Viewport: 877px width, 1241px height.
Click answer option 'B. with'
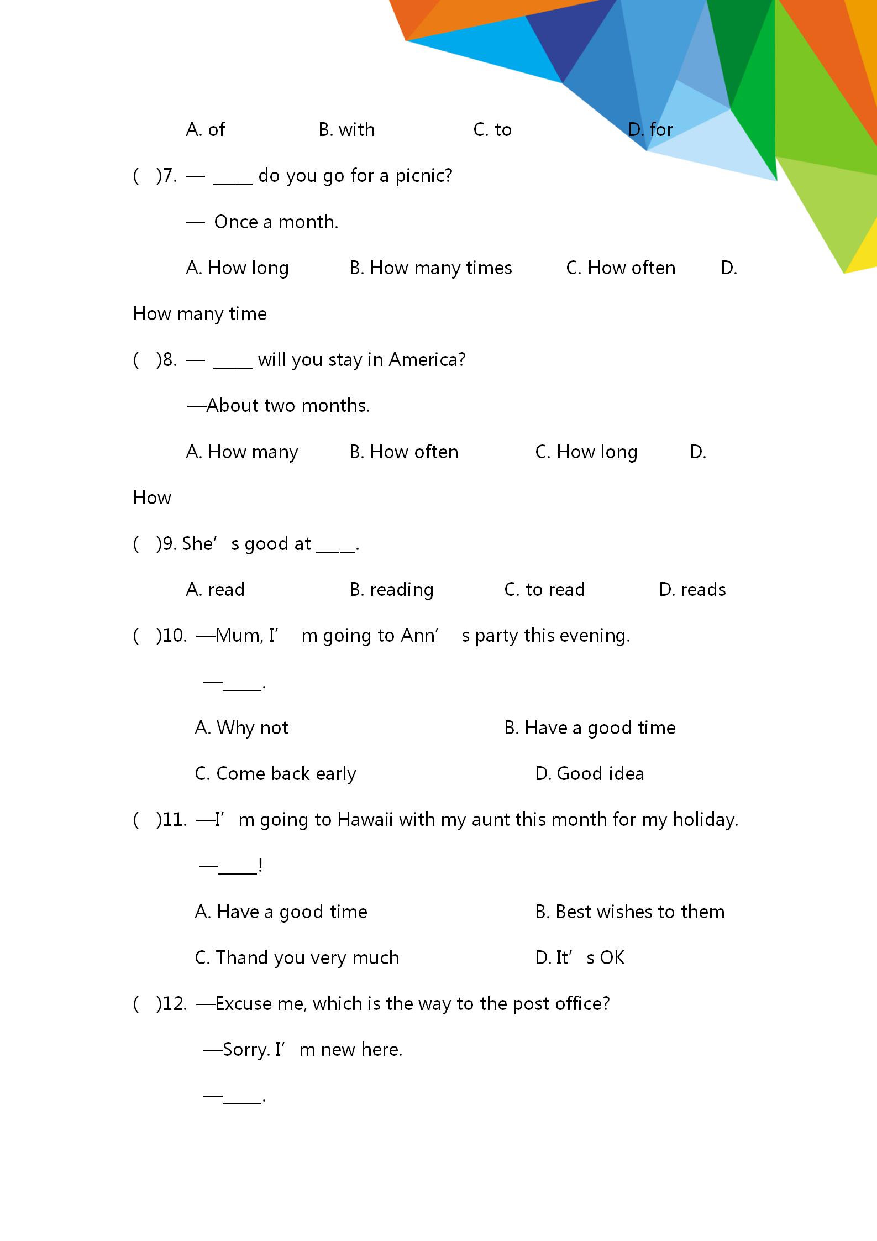346,130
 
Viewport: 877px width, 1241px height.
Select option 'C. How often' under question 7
620,268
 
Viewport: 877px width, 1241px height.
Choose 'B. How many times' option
430,268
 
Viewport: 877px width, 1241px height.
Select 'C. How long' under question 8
586,452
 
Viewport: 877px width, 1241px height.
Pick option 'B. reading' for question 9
391,590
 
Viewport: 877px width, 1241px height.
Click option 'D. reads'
692,590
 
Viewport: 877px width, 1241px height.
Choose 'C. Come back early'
275,774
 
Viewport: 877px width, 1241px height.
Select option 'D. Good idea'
589,774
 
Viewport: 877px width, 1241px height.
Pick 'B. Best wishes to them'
629,912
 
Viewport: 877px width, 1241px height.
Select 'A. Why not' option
241,728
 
